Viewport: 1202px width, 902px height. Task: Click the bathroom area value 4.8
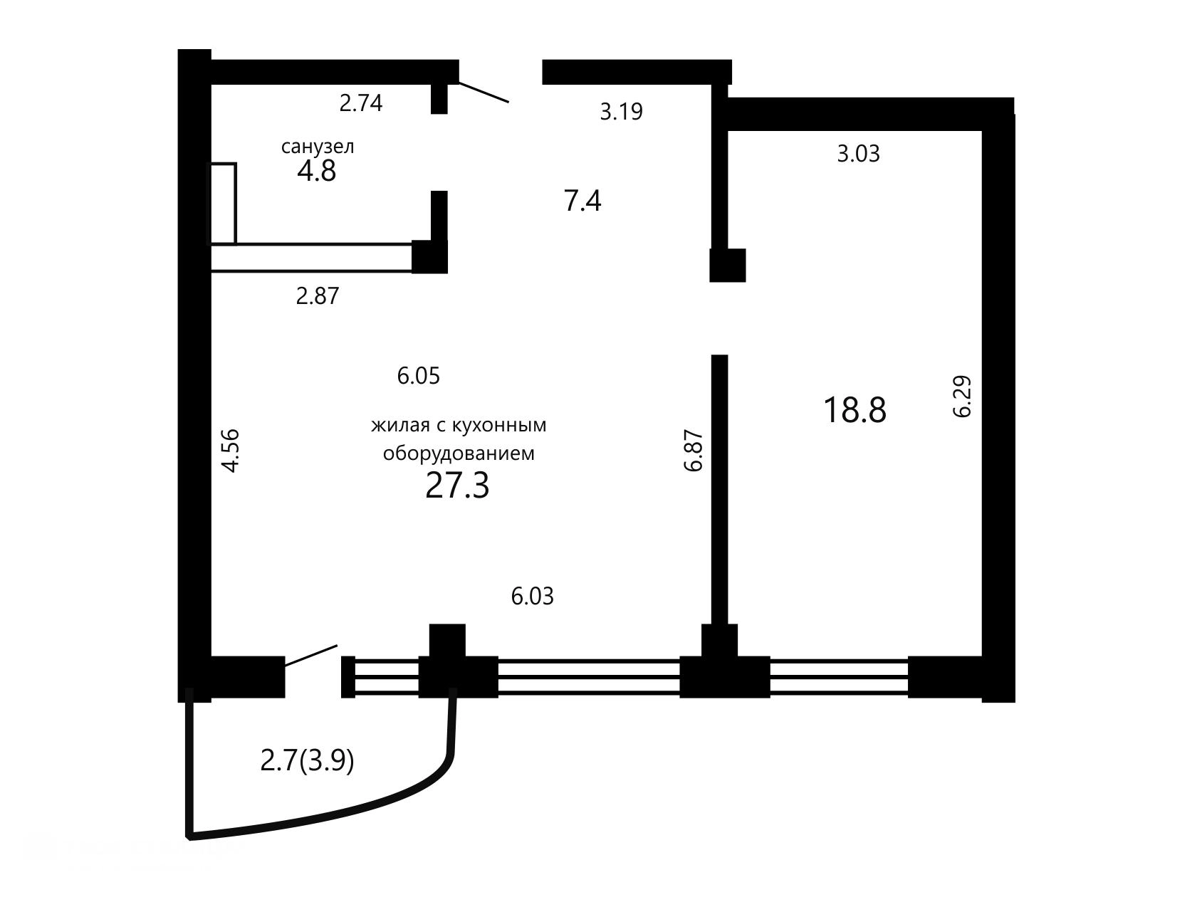[x=317, y=171]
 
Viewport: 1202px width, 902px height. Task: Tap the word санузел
[x=318, y=147]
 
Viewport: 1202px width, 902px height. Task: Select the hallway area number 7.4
[x=582, y=201]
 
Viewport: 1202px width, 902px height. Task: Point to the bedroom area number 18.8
[x=855, y=410]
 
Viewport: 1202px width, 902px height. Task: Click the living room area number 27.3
[x=457, y=486]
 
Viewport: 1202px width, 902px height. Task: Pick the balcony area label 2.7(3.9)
[x=308, y=762]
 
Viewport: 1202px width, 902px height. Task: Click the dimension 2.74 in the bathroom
[x=361, y=103]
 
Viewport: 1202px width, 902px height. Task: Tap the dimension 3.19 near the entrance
[x=621, y=112]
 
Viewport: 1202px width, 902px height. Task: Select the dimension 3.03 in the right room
[x=858, y=154]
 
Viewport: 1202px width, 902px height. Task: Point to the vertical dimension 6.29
[x=962, y=397]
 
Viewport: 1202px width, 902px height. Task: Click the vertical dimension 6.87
[x=693, y=450]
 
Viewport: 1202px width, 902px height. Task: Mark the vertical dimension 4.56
[x=231, y=450]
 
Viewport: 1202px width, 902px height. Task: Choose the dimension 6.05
[x=419, y=376]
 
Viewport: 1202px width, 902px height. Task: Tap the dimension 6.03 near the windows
[x=532, y=597]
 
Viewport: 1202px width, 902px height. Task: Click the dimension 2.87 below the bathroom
[x=318, y=296]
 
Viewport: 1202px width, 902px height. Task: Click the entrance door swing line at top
[x=484, y=93]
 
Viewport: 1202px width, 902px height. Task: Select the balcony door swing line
[x=310, y=656]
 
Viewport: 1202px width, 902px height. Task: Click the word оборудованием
[x=459, y=453]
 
